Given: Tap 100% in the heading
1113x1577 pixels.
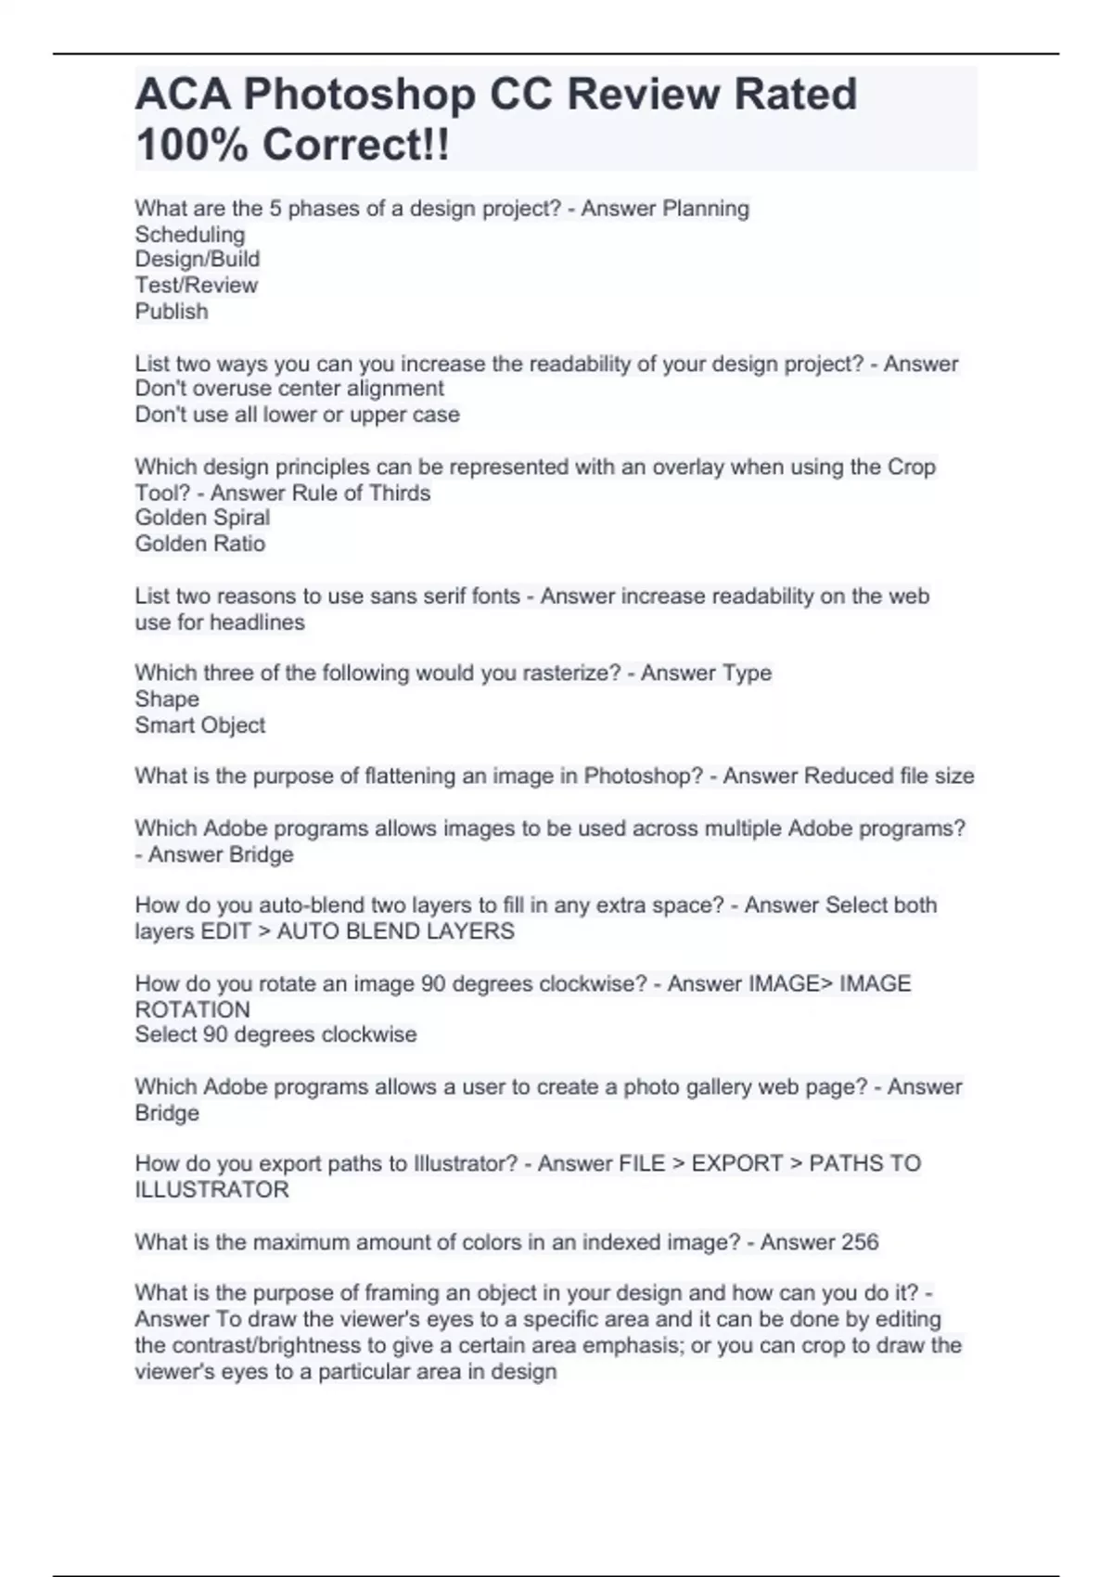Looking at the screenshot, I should [191, 146].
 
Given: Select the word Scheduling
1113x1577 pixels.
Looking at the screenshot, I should [190, 235].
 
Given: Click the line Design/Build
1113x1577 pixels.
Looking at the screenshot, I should [198, 260].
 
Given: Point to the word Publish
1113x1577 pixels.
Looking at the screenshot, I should [172, 312].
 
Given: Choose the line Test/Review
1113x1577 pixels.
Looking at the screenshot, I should [197, 286].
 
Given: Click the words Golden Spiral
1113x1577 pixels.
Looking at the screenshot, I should [202, 518].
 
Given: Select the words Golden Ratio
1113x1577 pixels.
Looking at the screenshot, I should [200, 544].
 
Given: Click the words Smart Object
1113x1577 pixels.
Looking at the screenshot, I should [200, 725].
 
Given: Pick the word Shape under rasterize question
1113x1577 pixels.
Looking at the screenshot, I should [167, 699].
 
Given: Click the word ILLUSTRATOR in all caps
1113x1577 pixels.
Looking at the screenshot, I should [212, 1190].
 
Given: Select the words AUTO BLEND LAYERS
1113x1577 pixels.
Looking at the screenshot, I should [396, 931].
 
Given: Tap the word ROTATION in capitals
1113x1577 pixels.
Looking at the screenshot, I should [193, 1009].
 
